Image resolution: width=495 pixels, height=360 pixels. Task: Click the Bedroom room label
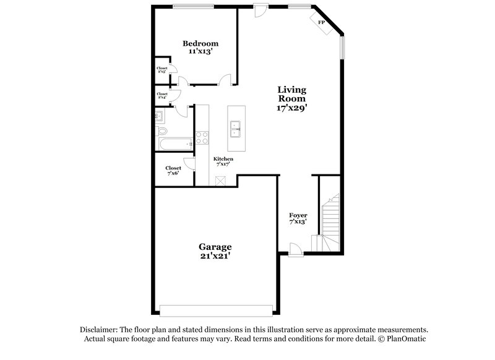pyautogui.click(x=200, y=43)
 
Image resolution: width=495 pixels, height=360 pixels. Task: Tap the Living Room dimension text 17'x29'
pyautogui.click(x=292, y=108)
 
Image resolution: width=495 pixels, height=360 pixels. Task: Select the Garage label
pyautogui.click(x=215, y=246)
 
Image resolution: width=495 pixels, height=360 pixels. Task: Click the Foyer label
pyautogui.click(x=298, y=215)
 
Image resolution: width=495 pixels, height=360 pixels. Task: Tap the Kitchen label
pyautogui.click(x=223, y=159)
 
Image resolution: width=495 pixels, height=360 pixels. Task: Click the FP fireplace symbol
pyautogui.click(x=322, y=23)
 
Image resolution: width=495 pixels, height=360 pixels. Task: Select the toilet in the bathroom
pyautogui.click(x=162, y=131)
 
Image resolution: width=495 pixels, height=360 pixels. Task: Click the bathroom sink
pyautogui.click(x=159, y=116)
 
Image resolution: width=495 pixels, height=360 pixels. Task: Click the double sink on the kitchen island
pyautogui.click(x=235, y=129)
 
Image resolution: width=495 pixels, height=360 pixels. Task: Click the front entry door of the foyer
pyautogui.click(x=296, y=249)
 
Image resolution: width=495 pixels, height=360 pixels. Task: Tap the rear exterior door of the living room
pyautogui.click(x=260, y=10)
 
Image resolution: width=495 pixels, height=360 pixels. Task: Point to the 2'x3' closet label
pyautogui.click(x=162, y=70)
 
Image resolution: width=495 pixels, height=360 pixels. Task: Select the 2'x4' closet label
pyautogui.click(x=162, y=96)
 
